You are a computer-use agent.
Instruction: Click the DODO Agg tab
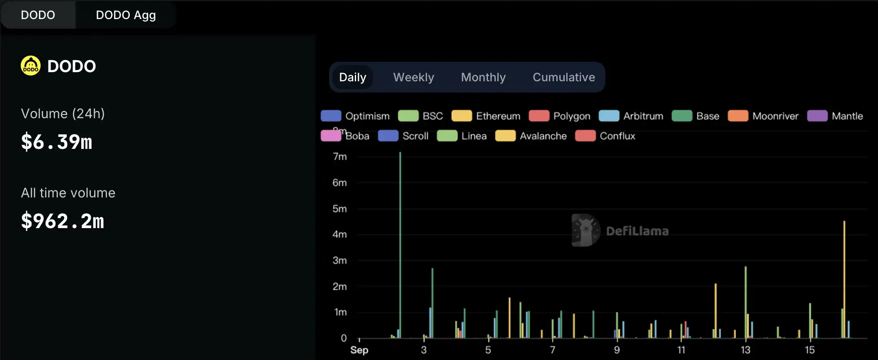126,15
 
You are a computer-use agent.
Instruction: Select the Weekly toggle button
413,77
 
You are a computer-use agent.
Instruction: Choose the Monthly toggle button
483,77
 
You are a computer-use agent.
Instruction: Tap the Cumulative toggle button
563,77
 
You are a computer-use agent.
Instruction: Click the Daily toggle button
352,77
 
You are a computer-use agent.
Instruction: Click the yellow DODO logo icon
31,66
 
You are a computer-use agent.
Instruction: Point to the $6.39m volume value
57,142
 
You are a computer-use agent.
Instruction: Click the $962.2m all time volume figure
63,221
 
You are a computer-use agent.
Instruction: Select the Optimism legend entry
355,116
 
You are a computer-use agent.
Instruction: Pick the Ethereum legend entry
486,116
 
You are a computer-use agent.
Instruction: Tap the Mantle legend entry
835,116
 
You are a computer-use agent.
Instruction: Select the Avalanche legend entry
531,136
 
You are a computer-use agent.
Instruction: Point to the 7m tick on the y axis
340,157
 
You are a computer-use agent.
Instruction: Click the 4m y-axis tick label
340,234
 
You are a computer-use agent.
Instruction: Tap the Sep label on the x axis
359,350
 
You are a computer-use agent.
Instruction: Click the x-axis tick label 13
745,350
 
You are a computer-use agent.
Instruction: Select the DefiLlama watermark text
637,231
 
